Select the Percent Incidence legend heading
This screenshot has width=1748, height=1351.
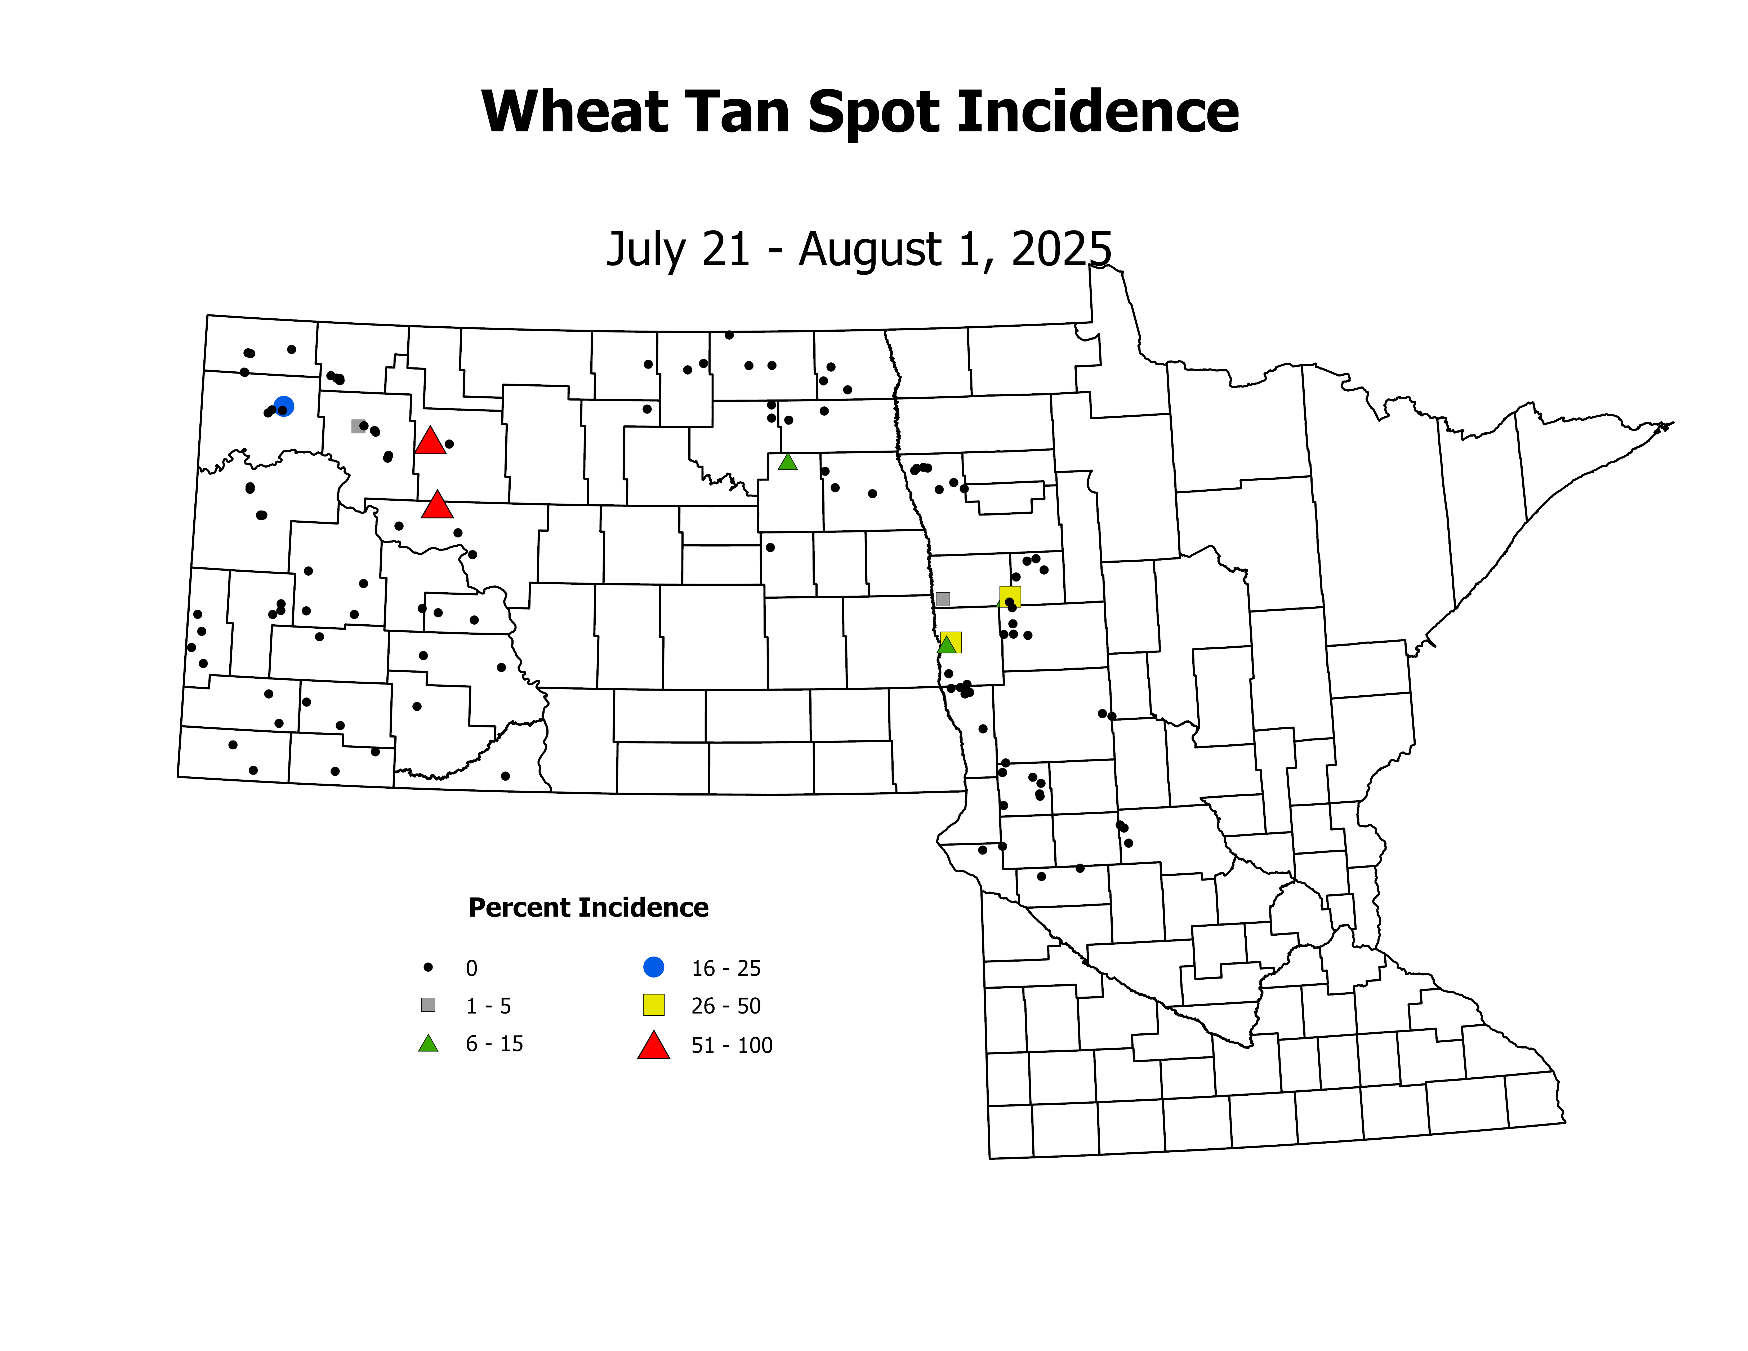pos(588,908)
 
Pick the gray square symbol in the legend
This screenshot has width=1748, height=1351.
pos(428,1005)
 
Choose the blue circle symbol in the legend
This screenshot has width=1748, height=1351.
pos(654,967)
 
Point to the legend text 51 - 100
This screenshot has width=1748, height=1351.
pos(732,1045)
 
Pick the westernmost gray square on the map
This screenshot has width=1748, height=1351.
pos(358,426)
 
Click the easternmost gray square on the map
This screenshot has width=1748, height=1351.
pos(943,599)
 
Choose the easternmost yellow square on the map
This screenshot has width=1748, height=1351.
pos(1010,596)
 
